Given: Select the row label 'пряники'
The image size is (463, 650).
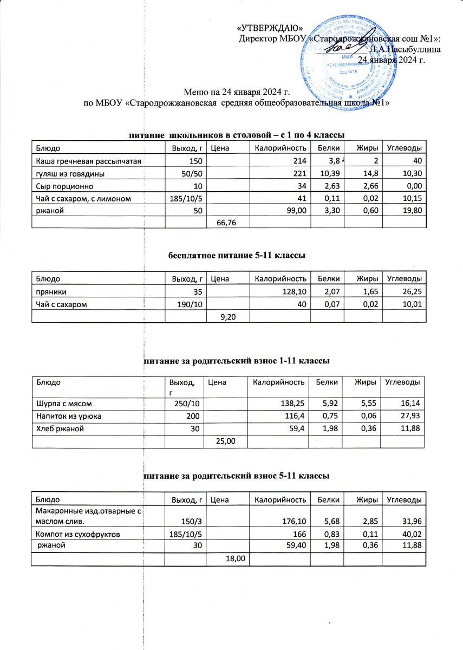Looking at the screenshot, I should tap(49, 292).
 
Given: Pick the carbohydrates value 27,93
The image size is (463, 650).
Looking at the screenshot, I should tap(410, 415).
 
